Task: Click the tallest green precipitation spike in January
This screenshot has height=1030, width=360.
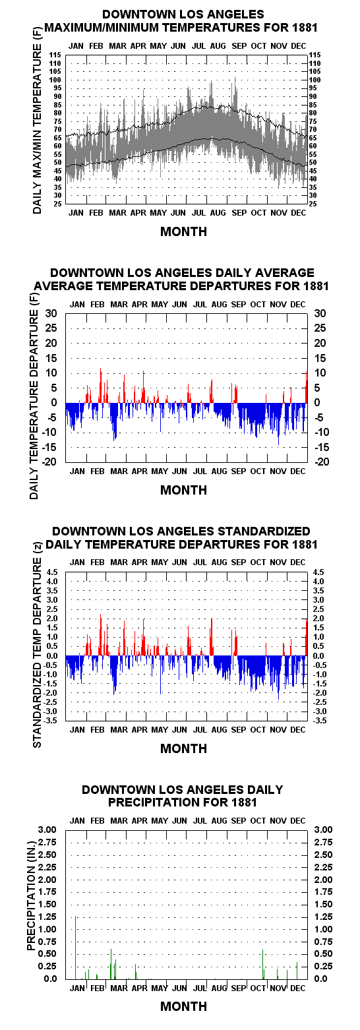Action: click(75, 948)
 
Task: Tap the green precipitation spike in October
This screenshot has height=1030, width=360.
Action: click(262, 964)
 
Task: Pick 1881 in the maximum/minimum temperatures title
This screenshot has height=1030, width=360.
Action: click(305, 28)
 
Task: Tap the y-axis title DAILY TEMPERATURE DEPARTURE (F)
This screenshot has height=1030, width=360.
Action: click(34, 396)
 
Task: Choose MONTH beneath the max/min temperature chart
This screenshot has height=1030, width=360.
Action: click(183, 231)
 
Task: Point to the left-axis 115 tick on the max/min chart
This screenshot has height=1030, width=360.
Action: click(55, 55)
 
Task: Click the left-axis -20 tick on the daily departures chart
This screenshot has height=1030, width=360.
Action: click(51, 461)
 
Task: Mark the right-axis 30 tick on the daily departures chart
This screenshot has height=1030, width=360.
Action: click(320, 313)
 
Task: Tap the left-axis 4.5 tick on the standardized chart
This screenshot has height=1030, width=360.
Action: click(51, 572)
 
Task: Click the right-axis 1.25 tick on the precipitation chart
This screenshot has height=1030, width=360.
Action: click(323, 917)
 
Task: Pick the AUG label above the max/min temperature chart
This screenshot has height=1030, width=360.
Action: click(218, 46)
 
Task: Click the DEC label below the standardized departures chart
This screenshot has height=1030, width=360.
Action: click(298, 729)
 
